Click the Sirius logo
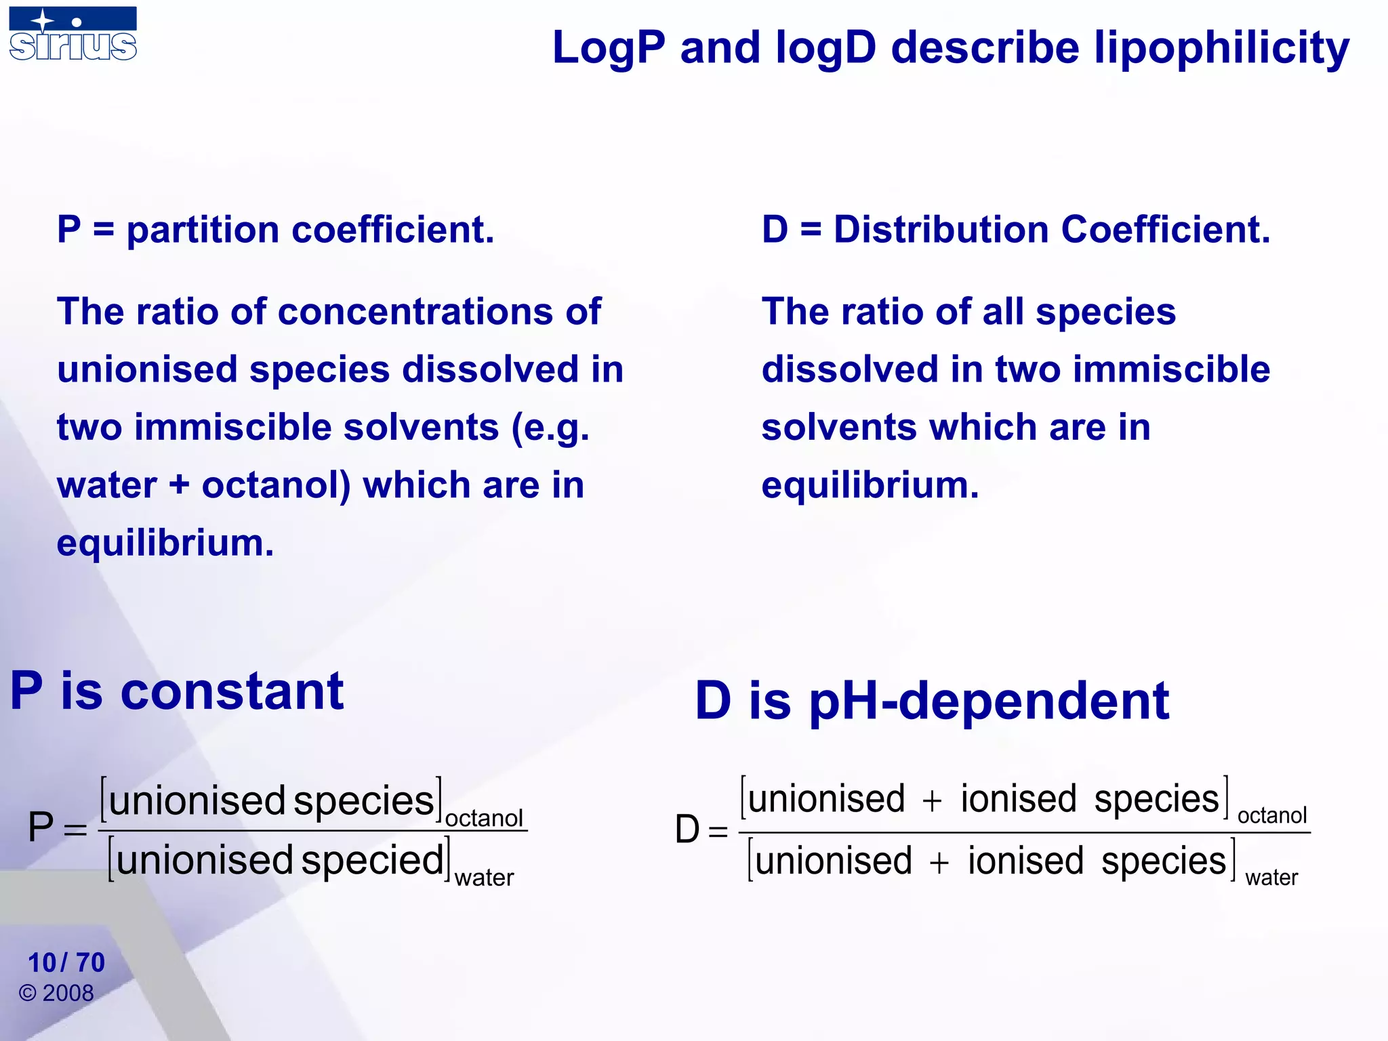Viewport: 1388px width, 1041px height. (x=73, y=34)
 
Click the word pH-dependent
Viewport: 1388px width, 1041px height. (x=989, y=701)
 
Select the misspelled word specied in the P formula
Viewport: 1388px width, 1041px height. (x=372, y=861)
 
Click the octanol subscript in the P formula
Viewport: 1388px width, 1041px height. (x=484, y=819)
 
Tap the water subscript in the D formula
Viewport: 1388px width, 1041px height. (x=1271, y=878)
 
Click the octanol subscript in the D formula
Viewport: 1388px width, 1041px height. (x=1271, y=816)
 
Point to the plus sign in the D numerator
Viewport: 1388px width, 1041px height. (x=932, y=801)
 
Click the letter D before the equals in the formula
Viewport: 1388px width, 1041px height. (x=687, y=830)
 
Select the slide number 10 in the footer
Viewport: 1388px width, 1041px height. (x=41, y=962)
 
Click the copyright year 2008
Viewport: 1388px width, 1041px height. (x=68, y=994)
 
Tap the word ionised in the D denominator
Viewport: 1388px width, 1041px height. (x=1025, y=862)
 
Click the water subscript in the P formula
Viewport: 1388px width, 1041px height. (x=484, y=878)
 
